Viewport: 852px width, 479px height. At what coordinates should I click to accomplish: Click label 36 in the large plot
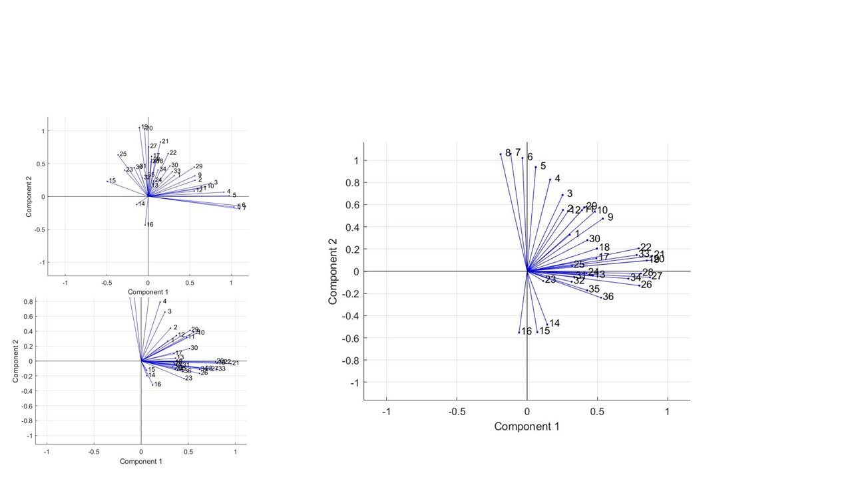(608, 297)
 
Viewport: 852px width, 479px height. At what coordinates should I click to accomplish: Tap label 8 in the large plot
(508, 153)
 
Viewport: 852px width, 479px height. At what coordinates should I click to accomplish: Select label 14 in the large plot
(554, 324)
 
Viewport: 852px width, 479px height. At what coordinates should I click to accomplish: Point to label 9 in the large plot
(610, 218)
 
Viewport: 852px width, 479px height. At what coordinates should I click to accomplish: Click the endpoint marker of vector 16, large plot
(519, 332)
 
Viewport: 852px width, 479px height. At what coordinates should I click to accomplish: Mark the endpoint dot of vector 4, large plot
(550, 180)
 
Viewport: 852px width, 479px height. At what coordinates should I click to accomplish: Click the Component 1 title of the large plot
(527, 426)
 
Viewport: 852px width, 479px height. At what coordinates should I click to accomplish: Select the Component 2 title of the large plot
(333, 271)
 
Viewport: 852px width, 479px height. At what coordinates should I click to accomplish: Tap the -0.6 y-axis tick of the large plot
(350, 338)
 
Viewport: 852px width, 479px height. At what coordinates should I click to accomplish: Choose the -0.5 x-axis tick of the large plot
(456, 412)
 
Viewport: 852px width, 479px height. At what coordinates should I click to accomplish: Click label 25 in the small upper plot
(123, 154)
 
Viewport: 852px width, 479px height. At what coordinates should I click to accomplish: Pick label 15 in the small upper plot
(112, 181)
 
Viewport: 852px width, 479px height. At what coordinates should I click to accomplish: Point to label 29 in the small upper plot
(199, 166)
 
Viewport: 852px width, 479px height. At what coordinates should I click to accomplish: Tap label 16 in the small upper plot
(150, 225)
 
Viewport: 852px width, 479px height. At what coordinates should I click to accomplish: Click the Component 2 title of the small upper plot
(29, 196)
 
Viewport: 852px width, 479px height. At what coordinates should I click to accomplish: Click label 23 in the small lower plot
(188, 378)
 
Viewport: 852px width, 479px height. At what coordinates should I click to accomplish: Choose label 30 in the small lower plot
(194, 348)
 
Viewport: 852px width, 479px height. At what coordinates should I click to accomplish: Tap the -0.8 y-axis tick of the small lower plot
(25, 421)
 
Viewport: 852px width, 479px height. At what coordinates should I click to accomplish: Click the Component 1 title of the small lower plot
(141, 461)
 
